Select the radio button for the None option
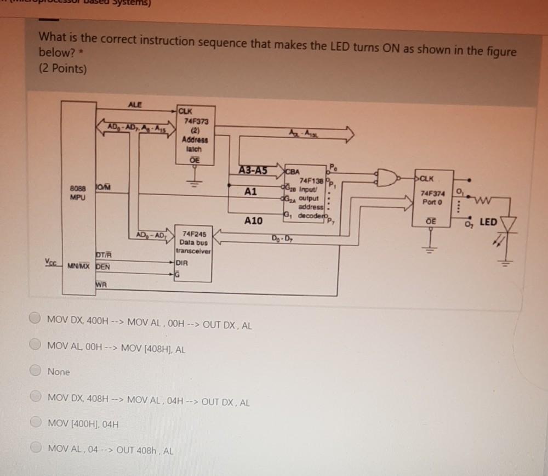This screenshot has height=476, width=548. coord(36,371)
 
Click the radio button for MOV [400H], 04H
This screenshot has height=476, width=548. coord(36,424)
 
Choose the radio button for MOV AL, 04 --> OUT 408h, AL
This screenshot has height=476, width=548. coord(36,451)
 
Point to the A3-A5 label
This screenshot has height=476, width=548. coord(253,170)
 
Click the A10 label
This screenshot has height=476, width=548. coord(253,220)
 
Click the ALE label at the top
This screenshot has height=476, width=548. coord(134,104)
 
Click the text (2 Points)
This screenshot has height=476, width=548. coord(62,69)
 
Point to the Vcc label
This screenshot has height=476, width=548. coord(50,262)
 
